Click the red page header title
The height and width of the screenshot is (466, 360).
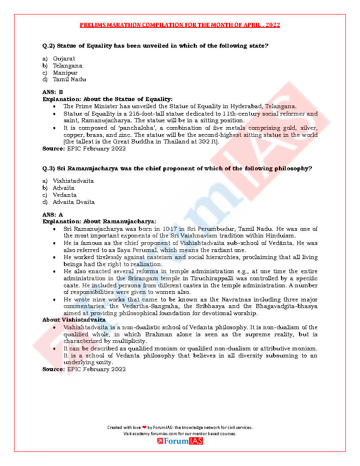[180, 25]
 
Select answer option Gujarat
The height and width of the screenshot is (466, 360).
[64, 58]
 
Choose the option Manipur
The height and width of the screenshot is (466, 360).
[65, 72]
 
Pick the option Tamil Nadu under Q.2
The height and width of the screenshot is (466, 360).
[69, 79]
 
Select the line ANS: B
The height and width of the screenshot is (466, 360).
[53, 92]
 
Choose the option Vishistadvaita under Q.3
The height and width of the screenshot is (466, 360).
[73, 181]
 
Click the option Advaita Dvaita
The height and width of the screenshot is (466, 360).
[74, 202]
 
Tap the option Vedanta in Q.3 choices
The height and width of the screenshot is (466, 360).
[64, 195]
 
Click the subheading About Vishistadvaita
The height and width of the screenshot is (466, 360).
[74, 319]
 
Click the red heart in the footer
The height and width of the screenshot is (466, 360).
[144, 427]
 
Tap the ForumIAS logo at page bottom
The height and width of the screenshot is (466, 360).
[180, 441]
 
